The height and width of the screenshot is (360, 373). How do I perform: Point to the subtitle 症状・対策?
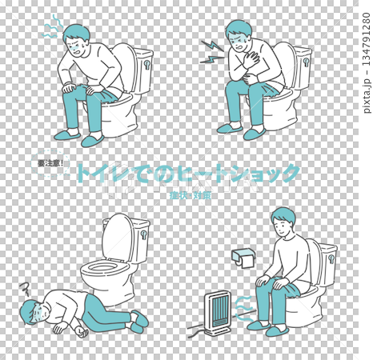190,194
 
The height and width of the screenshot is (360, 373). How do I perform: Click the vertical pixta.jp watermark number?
365,64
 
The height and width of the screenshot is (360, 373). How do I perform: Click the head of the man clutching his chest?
240,34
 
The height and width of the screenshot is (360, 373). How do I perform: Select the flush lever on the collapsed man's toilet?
144,237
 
